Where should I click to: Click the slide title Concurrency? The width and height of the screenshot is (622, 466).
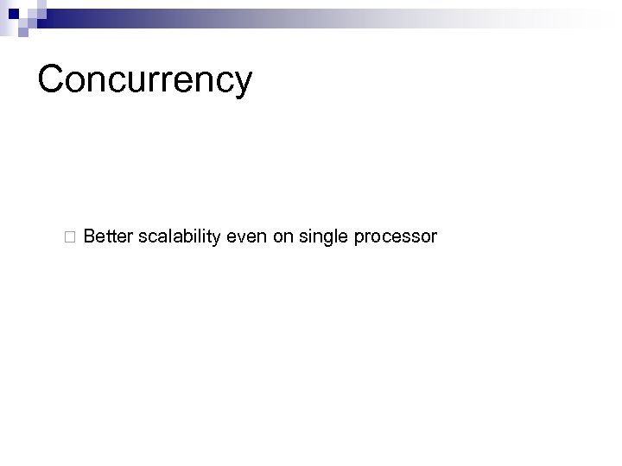145,79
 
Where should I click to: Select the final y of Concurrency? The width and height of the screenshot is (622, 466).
241,85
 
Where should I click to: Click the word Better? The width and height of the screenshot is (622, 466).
107,236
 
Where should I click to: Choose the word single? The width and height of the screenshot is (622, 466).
321,236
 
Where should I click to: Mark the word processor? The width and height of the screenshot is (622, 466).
394,236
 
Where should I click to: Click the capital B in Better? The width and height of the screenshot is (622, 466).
91,236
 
